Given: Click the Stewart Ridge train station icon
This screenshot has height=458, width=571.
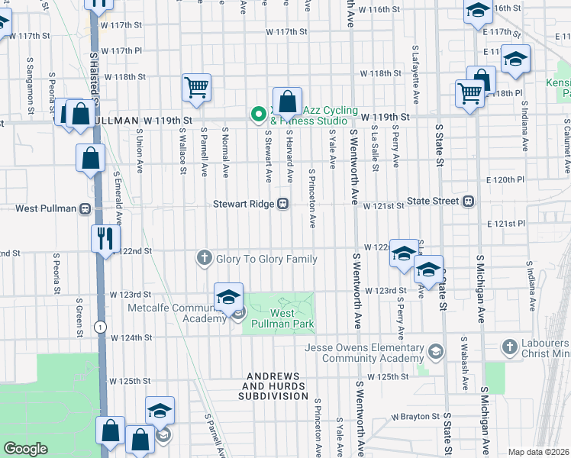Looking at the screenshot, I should [x=282, y=204].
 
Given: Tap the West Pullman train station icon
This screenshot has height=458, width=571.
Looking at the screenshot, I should [x=85, y=208].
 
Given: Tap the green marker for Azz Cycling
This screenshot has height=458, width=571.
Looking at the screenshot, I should [x=259, y=115].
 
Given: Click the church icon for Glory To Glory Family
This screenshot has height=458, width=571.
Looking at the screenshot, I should [x=204, y=259].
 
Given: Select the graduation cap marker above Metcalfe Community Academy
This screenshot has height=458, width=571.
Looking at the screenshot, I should [x=228, y=297].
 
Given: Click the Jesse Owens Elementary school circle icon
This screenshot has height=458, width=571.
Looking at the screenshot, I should [x=435, y=352].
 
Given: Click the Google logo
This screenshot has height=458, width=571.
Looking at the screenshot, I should [x=26, y=448].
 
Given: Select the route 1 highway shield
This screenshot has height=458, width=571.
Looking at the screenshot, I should [x=99, y=326].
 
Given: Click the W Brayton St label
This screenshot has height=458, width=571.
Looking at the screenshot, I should [x=416, y=417].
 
